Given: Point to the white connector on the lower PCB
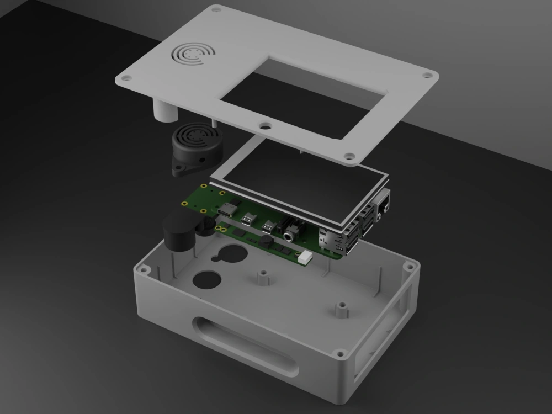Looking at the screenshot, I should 305,256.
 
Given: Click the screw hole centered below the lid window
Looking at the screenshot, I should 266,126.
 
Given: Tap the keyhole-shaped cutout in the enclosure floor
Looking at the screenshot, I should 228,256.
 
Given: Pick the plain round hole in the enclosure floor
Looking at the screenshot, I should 206,280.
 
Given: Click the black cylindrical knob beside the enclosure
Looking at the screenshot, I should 178,233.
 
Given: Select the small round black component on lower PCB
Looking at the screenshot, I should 267,241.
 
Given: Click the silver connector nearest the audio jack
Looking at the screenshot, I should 269,226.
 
